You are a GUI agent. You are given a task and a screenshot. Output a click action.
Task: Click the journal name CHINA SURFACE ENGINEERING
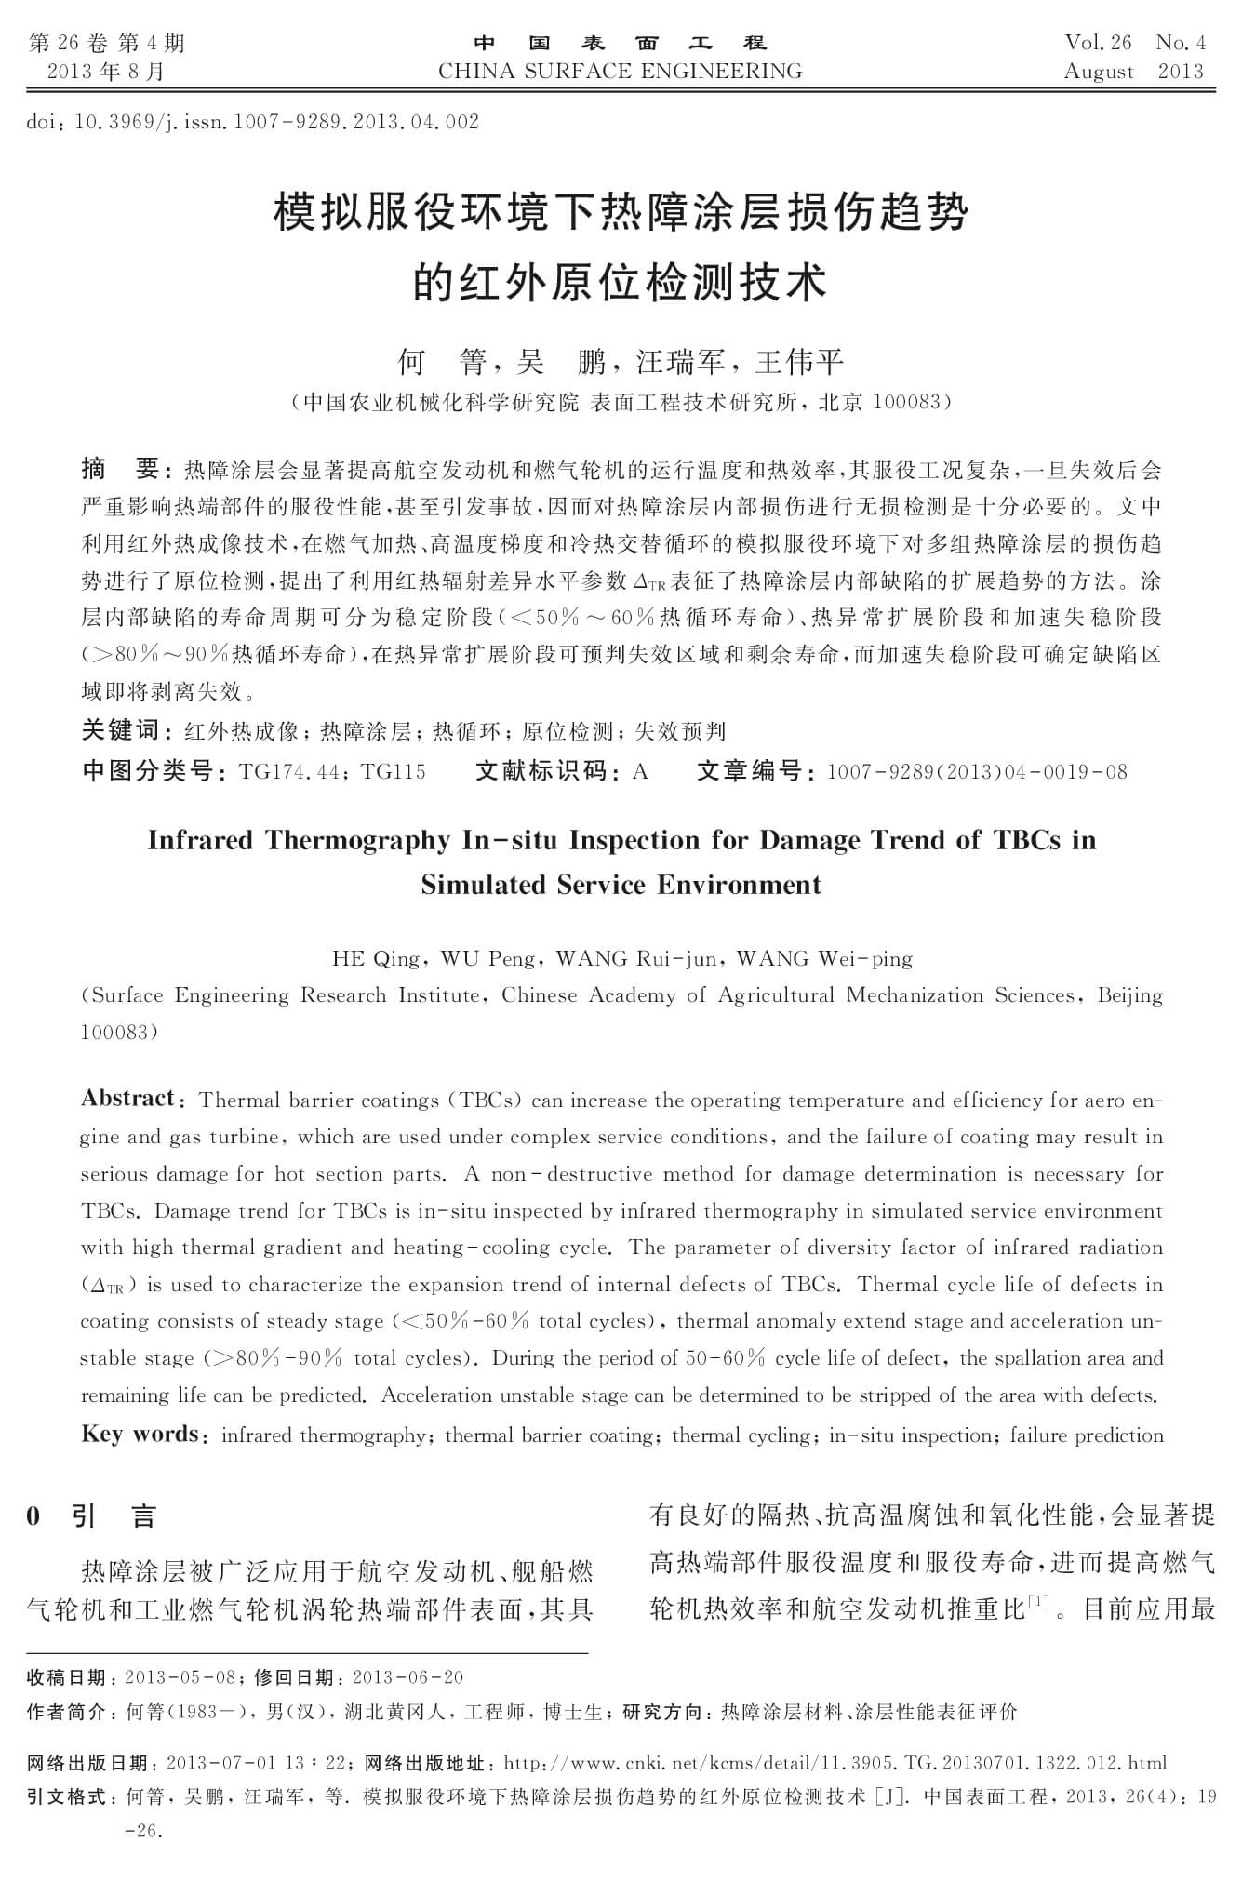click(620, 72)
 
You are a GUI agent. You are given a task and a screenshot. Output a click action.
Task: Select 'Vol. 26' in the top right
click(1098, 43)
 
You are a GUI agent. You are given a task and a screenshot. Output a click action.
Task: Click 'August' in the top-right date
click(1099, 72)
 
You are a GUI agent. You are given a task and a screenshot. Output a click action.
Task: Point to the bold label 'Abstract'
click(127, 1099)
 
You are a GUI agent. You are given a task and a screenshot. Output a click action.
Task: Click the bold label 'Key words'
click(139, 1434)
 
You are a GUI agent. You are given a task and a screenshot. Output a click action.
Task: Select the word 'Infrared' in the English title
click(200, 840)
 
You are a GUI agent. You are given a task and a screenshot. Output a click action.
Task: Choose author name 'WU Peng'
click(487, 958)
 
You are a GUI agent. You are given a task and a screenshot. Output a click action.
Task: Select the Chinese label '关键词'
click(121, 731)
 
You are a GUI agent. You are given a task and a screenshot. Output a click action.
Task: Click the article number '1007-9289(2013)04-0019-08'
click(976, 771)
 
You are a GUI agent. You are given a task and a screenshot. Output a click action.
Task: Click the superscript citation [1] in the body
click(1038, 1600)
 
